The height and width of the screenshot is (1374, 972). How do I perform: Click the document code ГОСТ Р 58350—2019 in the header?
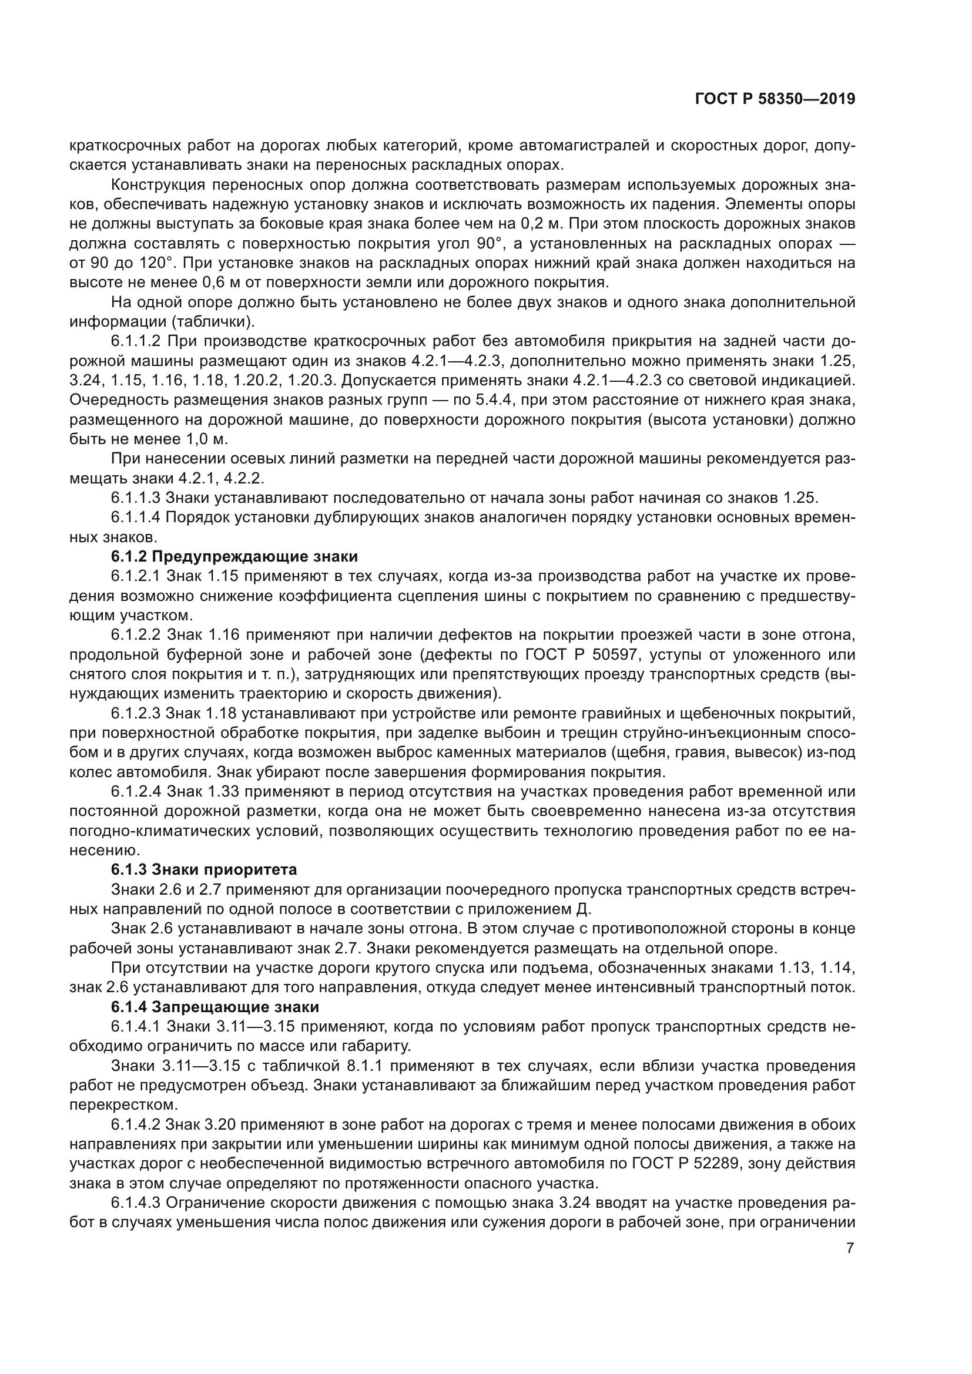tap(775, 99)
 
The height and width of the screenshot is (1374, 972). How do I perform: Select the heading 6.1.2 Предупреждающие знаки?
tap(234, 556)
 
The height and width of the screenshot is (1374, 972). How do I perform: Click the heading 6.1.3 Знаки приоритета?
tap(203, 869)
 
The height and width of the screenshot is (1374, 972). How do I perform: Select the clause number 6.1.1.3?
tap(136, 498)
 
